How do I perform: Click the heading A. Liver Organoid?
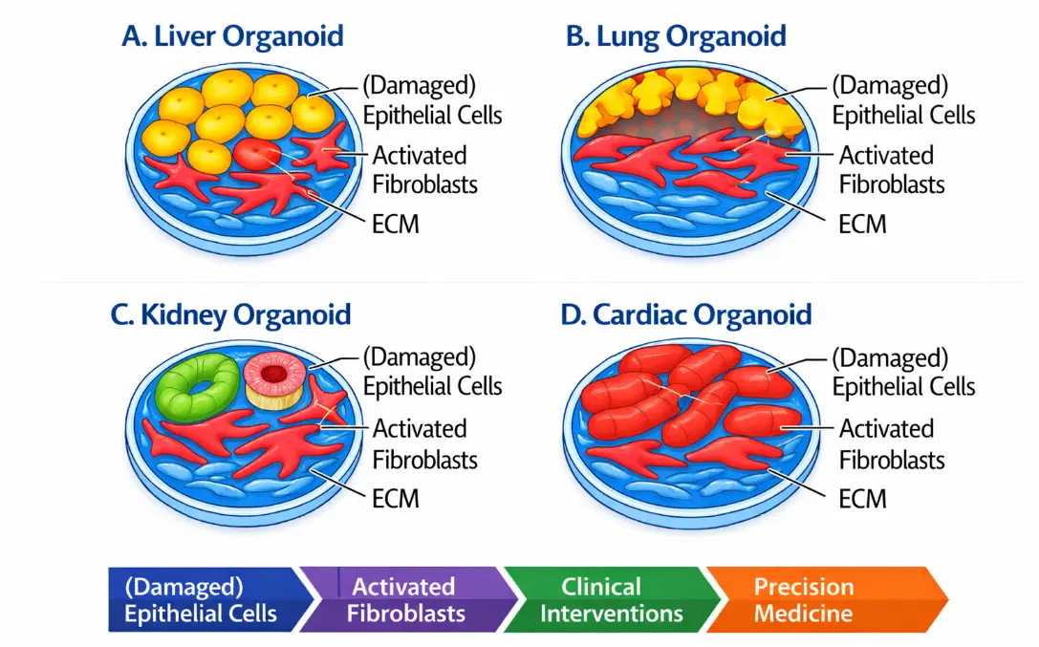tap(232, 35)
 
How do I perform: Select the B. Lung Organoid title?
tap(676, 35)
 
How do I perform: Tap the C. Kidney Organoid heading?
tap(230, 314)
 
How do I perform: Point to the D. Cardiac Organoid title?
tap(686, 314)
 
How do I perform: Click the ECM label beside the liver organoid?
tap(396, 225)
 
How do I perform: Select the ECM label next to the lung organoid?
tap(862, 225)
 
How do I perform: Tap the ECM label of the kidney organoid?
tap(396, 499)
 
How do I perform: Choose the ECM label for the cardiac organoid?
tap(862, 499)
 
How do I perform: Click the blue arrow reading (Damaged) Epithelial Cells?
tap(208, 600)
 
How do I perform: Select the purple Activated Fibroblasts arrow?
tap(407, 600)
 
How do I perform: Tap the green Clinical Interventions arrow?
tap(610, 600)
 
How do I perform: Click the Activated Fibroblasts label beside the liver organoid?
tap(424, 170)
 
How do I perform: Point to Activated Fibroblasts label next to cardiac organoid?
tap(892, 444)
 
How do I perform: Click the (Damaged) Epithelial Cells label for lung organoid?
tap(904, 100)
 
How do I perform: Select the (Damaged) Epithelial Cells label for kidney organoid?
tap(433, 372)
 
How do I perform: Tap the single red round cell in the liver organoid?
tap(257, 154)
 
